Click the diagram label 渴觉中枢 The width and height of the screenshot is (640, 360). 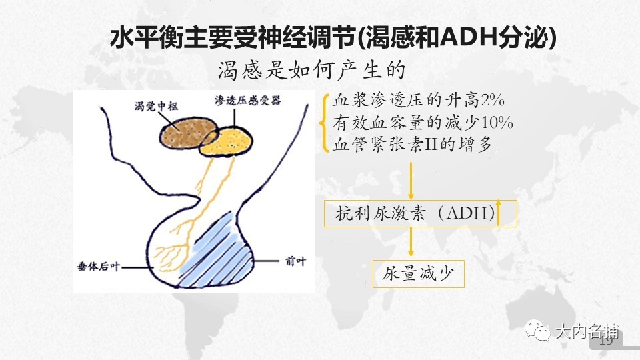(156, 107)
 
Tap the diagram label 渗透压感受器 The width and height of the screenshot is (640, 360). (248, 101)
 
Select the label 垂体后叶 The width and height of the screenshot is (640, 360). (99, 267)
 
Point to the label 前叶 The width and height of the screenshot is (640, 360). (295, 261)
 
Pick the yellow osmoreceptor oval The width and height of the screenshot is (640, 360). (231, 141)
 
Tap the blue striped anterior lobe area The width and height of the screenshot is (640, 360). (219, 253)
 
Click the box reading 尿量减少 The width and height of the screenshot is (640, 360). (419, 274)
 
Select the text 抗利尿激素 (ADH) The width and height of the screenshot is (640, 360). (415, 213)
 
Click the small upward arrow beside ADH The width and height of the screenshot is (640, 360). (498, 213)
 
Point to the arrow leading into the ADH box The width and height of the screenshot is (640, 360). (411, 181)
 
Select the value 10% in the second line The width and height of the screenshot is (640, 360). (497, 123)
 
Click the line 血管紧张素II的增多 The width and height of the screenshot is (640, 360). (412, 145)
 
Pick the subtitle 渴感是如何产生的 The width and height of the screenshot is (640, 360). (311, 70)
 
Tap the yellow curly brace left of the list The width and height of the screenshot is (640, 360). (325, 123)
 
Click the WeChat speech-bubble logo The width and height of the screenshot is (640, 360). (537, 330)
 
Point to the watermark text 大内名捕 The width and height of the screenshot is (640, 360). (587, 331)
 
